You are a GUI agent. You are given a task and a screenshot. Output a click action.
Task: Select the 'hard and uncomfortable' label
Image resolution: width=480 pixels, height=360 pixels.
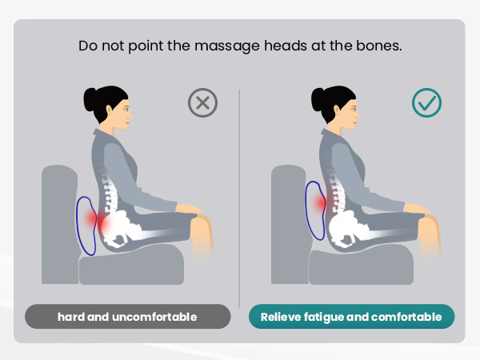pos(127,317)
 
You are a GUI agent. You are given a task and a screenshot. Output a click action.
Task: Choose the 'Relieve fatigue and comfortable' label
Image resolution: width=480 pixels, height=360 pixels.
pos(351,317)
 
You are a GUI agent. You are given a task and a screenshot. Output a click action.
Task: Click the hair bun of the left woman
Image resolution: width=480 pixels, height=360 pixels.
pos(91,100)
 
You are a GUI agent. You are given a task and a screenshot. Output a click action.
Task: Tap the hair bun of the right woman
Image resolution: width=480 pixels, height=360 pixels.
pos(318,100)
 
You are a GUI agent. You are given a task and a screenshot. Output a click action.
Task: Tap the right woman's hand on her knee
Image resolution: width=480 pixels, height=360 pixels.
pos(419,210)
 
